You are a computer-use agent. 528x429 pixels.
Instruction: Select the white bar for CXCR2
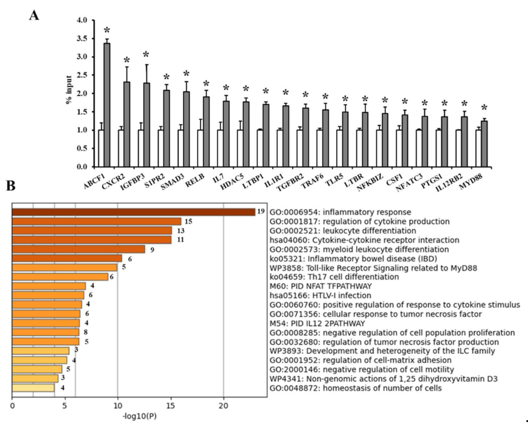pyautogui.click(x=121, y=148)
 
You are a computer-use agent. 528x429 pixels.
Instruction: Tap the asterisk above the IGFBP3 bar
pyautogui.click(x=146, y=55)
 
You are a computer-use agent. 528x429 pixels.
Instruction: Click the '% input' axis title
pyautogui.click(x=69, y=90)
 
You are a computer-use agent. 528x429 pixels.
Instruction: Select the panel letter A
pyautogui.click(x=34, y=15)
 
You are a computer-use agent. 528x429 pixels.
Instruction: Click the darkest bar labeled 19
pyautogui.click(x=133, y=212)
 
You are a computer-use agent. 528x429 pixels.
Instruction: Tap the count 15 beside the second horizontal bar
pyautogui.click(x=188, y=221)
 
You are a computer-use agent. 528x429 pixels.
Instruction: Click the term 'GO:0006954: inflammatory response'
pyautogui.click(x=340, y=212)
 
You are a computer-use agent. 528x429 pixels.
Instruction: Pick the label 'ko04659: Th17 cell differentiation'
pyautogui.click(x=334, y=277)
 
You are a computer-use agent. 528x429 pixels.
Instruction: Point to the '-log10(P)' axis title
pyautogui.click(x=140, y=416)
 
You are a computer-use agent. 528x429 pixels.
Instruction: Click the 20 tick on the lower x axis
pyautogui.click(x=223, y=406)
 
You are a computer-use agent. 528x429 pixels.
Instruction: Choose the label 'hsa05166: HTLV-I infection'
pyautogui.click(x=320, y=296)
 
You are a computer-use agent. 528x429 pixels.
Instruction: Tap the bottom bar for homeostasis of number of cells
pyautogui.click(x=33, y=388)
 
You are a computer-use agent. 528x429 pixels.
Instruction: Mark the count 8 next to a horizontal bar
pyautogui.click(x=86, y=332)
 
